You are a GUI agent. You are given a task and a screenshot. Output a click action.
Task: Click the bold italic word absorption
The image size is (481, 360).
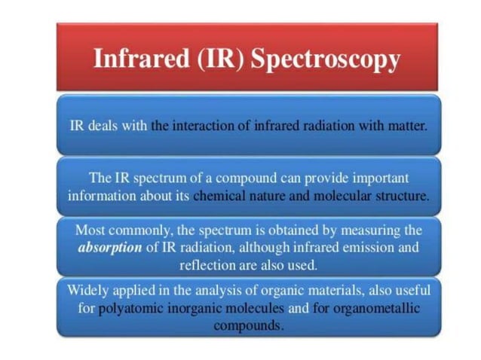click(110, 248)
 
